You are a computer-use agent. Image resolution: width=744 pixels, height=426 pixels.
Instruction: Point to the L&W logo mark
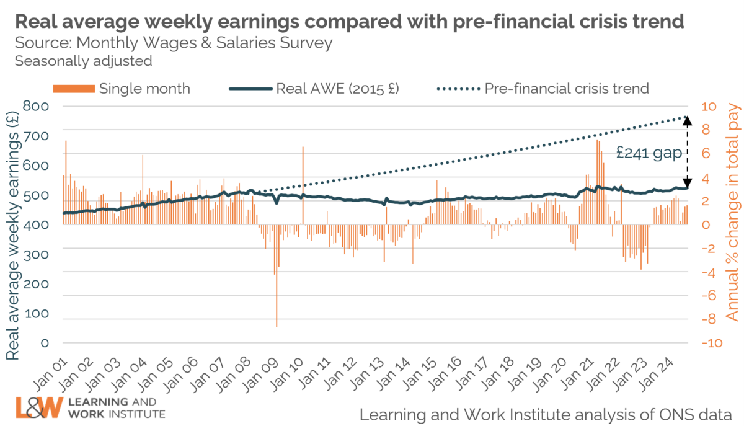click(38, 407)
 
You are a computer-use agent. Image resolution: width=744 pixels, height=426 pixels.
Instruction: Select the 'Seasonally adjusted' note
click(83, 61)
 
